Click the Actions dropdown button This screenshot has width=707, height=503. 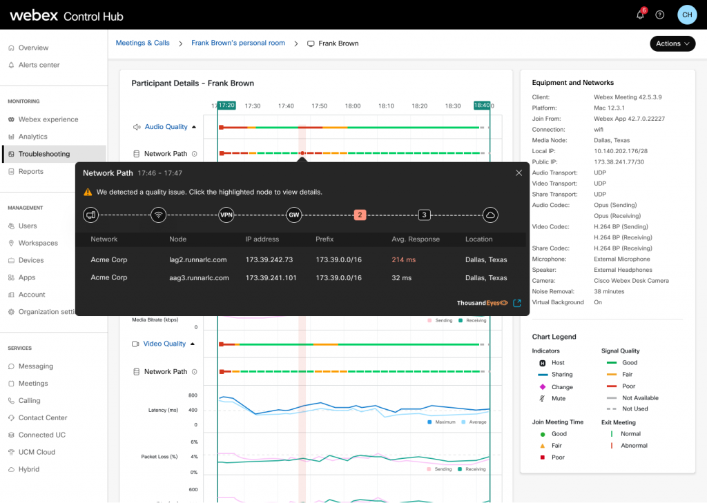(x=672, y=43)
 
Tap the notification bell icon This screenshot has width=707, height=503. (x=640, y=14)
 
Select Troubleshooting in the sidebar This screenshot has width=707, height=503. (x=44, y=154)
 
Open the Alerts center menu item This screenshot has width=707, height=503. (x=39, y=65)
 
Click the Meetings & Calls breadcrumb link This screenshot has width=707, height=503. (x=143, y=43)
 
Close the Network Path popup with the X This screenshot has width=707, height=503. (x=519, y=173)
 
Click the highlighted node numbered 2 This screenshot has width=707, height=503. (x=360, y=215)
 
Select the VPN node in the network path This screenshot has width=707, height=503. (x=226, y=215)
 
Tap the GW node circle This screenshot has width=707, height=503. (x=294, y=215)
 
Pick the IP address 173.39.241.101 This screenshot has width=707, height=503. (x=271, y=278)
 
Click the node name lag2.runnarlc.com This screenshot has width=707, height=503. (x=197, y=260)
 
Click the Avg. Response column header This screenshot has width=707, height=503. (x=415, y=239)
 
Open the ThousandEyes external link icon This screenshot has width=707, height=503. (x=517, y=303)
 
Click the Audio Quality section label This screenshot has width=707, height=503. (x=166, y=127)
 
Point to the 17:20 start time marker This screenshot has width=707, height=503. (x=226, y=106)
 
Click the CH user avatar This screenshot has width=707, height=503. (x=687, y=14)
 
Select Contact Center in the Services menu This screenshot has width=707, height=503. (x=43, y=417)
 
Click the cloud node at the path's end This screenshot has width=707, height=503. (x=490, y=215)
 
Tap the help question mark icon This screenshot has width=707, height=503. (x=660, y=14)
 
